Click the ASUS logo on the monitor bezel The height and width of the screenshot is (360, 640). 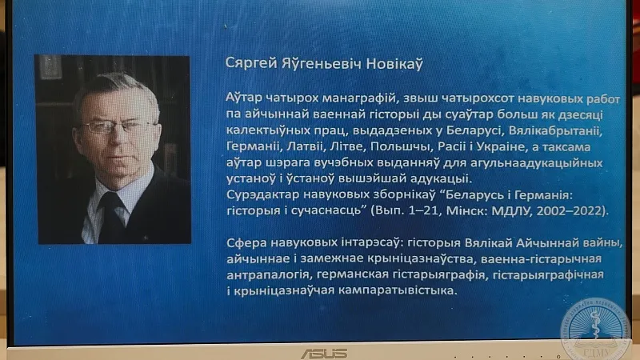pyautogui.click(x=325, y=354)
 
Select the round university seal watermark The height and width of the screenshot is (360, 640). pyautogui.click(x=596, y=330)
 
